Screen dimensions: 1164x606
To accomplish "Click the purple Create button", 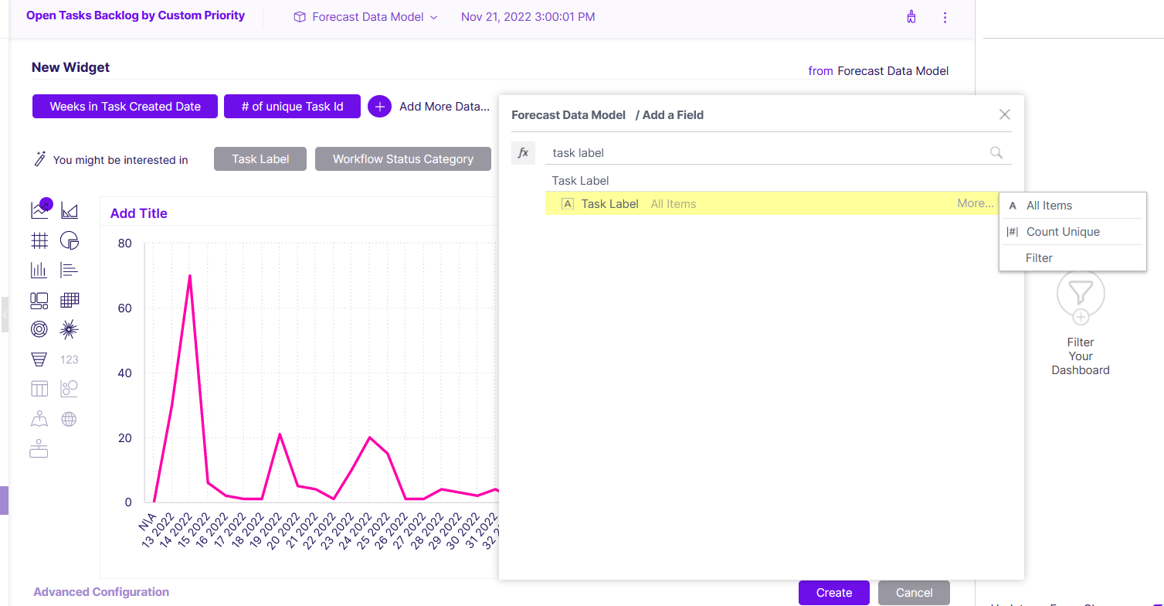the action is pyautogui.click(x=833, y=593).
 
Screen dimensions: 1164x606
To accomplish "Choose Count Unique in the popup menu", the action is pyautogui.click(x=1063, y=232).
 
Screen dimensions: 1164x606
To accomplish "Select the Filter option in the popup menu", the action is pyautogui.click(x=1039, y=258).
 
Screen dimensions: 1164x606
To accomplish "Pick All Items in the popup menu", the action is pyautogui.click(x=1049, y=206).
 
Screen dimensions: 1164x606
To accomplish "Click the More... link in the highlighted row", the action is pyautogui.click(x=975, y=203).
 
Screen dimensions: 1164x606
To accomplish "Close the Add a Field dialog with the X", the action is pyautogui.click(x=1004, y=114).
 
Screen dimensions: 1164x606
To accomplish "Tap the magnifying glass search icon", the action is pyautogui.click(x=996, y=152).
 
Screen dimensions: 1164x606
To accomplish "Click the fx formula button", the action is pyautogui.click(x=523, y=153).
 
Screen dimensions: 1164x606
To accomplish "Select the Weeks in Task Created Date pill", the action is pyautogui.click(x=124, y=107).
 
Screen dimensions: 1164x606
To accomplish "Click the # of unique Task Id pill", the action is pyautogui.click(x=292, y=107).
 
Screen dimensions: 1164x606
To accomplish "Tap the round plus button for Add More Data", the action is pyautogui.click(x=380, y=107).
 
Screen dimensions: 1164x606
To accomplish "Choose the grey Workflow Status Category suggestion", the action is pyautogui.click(x=402, y=159).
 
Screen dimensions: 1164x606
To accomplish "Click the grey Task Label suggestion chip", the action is pyautogui.click(x=260, y=159).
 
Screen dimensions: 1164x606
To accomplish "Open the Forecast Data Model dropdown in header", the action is pyautogui.click(x=366, y=17).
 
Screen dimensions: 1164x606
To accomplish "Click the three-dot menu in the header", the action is pyautogui.click(x=945, y=18).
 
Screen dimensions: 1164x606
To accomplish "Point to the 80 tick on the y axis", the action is pyautogui.click(x=124, y=243).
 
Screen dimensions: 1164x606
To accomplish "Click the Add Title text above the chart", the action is pyautogui.click(x=139, y=213).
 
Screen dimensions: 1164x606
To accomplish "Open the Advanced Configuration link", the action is pyautogui.click(x=101, y=592).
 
